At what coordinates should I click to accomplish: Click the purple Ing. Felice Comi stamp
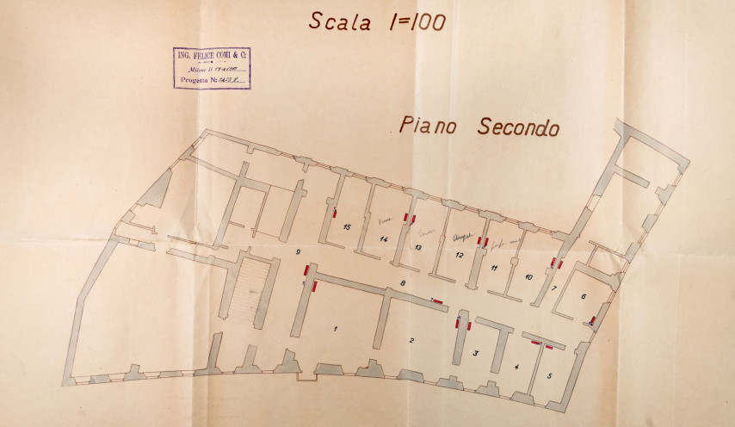pyautogui.click(x=211, y=68)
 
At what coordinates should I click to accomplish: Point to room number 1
pyautogui.click(x=336, y=329)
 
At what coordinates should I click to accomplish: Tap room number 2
pyautogui.click(x=411, y=341)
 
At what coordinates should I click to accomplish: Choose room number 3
pyautogui.click(x=475, y=353)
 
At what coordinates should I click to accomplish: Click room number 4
pyautogui.click(x=516, y=368)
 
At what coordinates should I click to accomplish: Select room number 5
pyautogui.click(x=550, y=375)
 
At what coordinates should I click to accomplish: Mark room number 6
pyautogui.click(x=584, y=296)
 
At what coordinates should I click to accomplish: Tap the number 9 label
pyautogui.click(x=296, y=251)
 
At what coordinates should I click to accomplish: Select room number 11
pyautogui.click(x=494, y=269)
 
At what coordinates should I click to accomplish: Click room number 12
pyautogui.click(x=459, y=256)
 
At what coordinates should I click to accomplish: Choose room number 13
pyautogui.click(x=417, y=248)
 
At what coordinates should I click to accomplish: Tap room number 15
pyautogui.click(x=346, y=227)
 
